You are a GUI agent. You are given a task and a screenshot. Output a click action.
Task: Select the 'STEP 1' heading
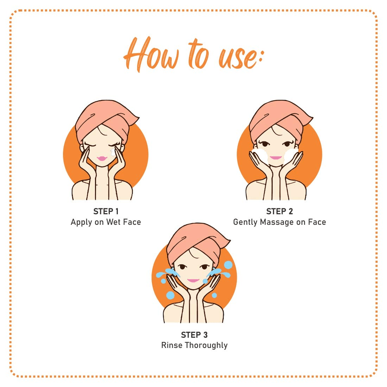[x=106, y=211]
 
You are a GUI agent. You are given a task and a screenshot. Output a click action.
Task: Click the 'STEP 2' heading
[x=280, y=211]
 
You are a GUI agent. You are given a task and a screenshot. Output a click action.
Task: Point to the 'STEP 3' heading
[x=194, y=335]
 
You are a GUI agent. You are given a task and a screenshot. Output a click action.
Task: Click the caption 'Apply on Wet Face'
[x=106, y=222]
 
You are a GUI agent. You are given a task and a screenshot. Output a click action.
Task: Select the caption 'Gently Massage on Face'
[x=280, y=222]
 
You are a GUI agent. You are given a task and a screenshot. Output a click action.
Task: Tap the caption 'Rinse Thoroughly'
[x=194, y=345]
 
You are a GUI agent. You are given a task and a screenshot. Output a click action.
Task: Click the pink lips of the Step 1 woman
[x=102, y=159]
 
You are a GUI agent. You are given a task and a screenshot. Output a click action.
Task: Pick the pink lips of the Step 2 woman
[x=276, y=158]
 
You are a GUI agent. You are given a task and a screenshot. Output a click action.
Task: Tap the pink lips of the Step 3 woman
[x=193, y=280]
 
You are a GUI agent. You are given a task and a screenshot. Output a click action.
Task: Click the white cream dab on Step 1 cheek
[x=113, y=152]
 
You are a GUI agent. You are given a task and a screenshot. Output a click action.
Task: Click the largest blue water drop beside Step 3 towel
[x=228, y=265]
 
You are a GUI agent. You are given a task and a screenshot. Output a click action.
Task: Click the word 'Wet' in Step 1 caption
[x=114, y=222]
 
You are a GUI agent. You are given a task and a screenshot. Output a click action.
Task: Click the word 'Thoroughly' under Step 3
[x=206, y=345]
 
